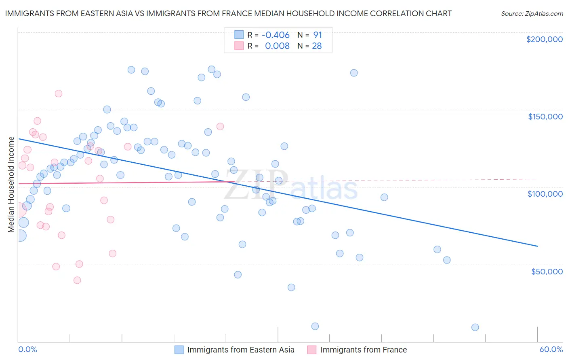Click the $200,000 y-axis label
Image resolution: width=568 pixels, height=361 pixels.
[x=544, y=39]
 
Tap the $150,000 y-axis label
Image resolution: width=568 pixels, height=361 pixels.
[x=545, y=117]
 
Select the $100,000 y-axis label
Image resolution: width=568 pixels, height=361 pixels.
[x=545, y=194]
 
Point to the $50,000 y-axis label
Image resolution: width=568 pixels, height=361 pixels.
[x=547, y=271]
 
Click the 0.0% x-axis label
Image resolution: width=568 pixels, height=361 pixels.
[x=27, y=350]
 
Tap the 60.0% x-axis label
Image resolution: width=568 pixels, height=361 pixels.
[x=551, y=350]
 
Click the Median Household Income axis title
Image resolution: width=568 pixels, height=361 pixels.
[x=11, y=185]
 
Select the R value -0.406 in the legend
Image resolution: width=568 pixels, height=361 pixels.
[x=276, y=35]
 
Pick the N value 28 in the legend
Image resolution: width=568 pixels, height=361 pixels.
[x=317, y=46]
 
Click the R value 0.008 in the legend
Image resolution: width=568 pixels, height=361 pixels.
[x=277, y=46]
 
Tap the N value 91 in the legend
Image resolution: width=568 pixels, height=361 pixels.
[x=318, y=35]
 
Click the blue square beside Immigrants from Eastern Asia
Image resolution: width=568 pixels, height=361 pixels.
[x=179, y=350]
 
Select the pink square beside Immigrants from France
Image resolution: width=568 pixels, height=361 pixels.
[x=312, y=350]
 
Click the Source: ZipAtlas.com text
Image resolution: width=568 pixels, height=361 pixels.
[x=532, y=14]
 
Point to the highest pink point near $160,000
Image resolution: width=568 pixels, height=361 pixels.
[x=59, y=93]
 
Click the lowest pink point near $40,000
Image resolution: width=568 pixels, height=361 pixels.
[x=77, y=280]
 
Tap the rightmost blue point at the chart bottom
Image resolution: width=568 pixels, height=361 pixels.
[x=475, y=327]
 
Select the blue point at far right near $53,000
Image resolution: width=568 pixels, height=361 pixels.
[x=447, y=260]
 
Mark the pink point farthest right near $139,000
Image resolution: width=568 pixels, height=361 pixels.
[x=220, y=126]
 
